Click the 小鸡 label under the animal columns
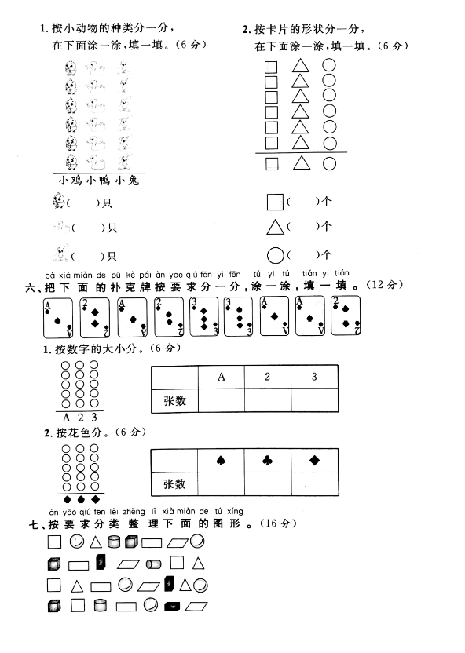[x=71, y=181]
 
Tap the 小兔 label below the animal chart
[x=127, y=181]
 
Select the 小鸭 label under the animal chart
[x=98, y=181]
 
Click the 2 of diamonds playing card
[x=94, y=317]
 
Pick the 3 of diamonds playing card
[x=203, y=316]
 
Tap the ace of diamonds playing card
[x=274, y=316]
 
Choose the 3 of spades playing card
[x=238, y=316]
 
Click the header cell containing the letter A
[x=222, y=377]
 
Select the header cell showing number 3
[x=314, y=377]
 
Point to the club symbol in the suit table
[x=268, y=460]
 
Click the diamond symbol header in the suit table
[x=315, y=460]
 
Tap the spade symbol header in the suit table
[x=221, y=460]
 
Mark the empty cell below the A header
[x=222, y=400]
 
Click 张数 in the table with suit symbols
[x=174, y=484]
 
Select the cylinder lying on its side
[x=154, y=564]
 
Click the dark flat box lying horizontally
[x=172, y=607]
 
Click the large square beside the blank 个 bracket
[x=275, y=202]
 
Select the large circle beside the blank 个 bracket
[x=275, y=255]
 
